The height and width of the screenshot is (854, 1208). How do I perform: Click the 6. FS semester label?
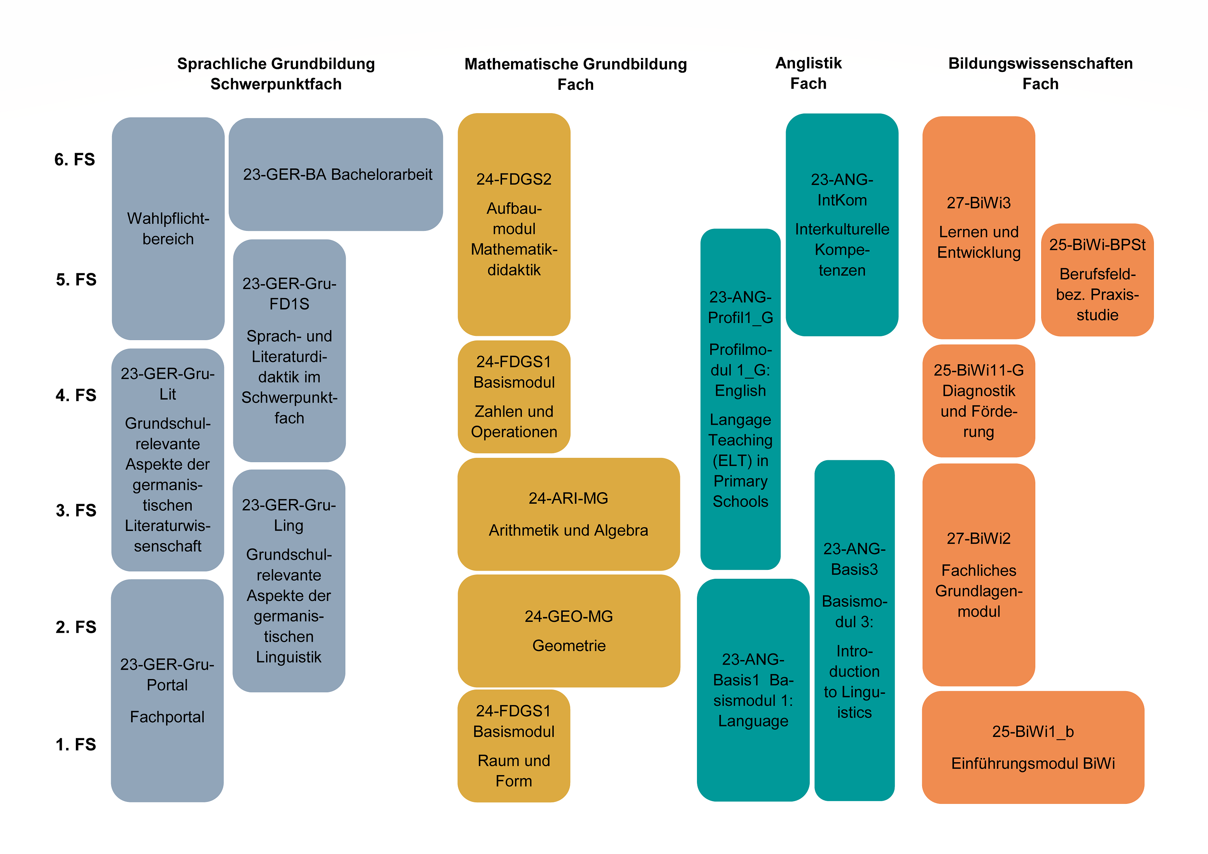[x=75, y=159]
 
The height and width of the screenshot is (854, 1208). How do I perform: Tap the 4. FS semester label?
[x=76, y=395]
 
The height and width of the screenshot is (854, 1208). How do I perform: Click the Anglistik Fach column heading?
[x=808, y=73]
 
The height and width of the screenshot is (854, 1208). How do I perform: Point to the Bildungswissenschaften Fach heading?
[x=1040, y=73]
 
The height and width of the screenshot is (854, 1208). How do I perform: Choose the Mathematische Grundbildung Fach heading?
[x=576, y=73]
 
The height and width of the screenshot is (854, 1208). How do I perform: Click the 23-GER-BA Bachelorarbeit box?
[x=336, y=174]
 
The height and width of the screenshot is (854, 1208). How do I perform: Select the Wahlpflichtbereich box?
[x=168, y=228]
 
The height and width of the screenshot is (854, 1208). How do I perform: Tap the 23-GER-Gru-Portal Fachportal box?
[x=167, y=690]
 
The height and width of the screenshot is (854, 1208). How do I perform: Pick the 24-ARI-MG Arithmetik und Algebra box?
[x=569, y=514]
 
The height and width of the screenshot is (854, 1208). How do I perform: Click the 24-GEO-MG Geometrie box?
[x=569, y=630]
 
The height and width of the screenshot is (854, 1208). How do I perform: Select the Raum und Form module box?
[x=514, y=746]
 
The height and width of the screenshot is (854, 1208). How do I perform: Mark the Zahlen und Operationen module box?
[x=514, y=396]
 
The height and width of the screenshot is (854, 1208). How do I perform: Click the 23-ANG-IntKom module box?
[x=842, y=225]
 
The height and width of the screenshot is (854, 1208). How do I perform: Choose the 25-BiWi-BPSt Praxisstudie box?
[x=1098, y=280]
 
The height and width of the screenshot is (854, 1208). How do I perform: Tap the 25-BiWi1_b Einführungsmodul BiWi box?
[x=1033, y=747]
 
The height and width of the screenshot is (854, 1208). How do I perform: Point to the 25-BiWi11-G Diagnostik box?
[x=979, y=401]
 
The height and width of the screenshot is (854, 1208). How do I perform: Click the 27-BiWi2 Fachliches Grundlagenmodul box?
[x=979, y=575]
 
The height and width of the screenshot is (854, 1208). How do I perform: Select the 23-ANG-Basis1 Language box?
[x=753, y=690]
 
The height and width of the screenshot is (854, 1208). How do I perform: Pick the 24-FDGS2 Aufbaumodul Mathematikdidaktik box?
[x=514, y=225]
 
